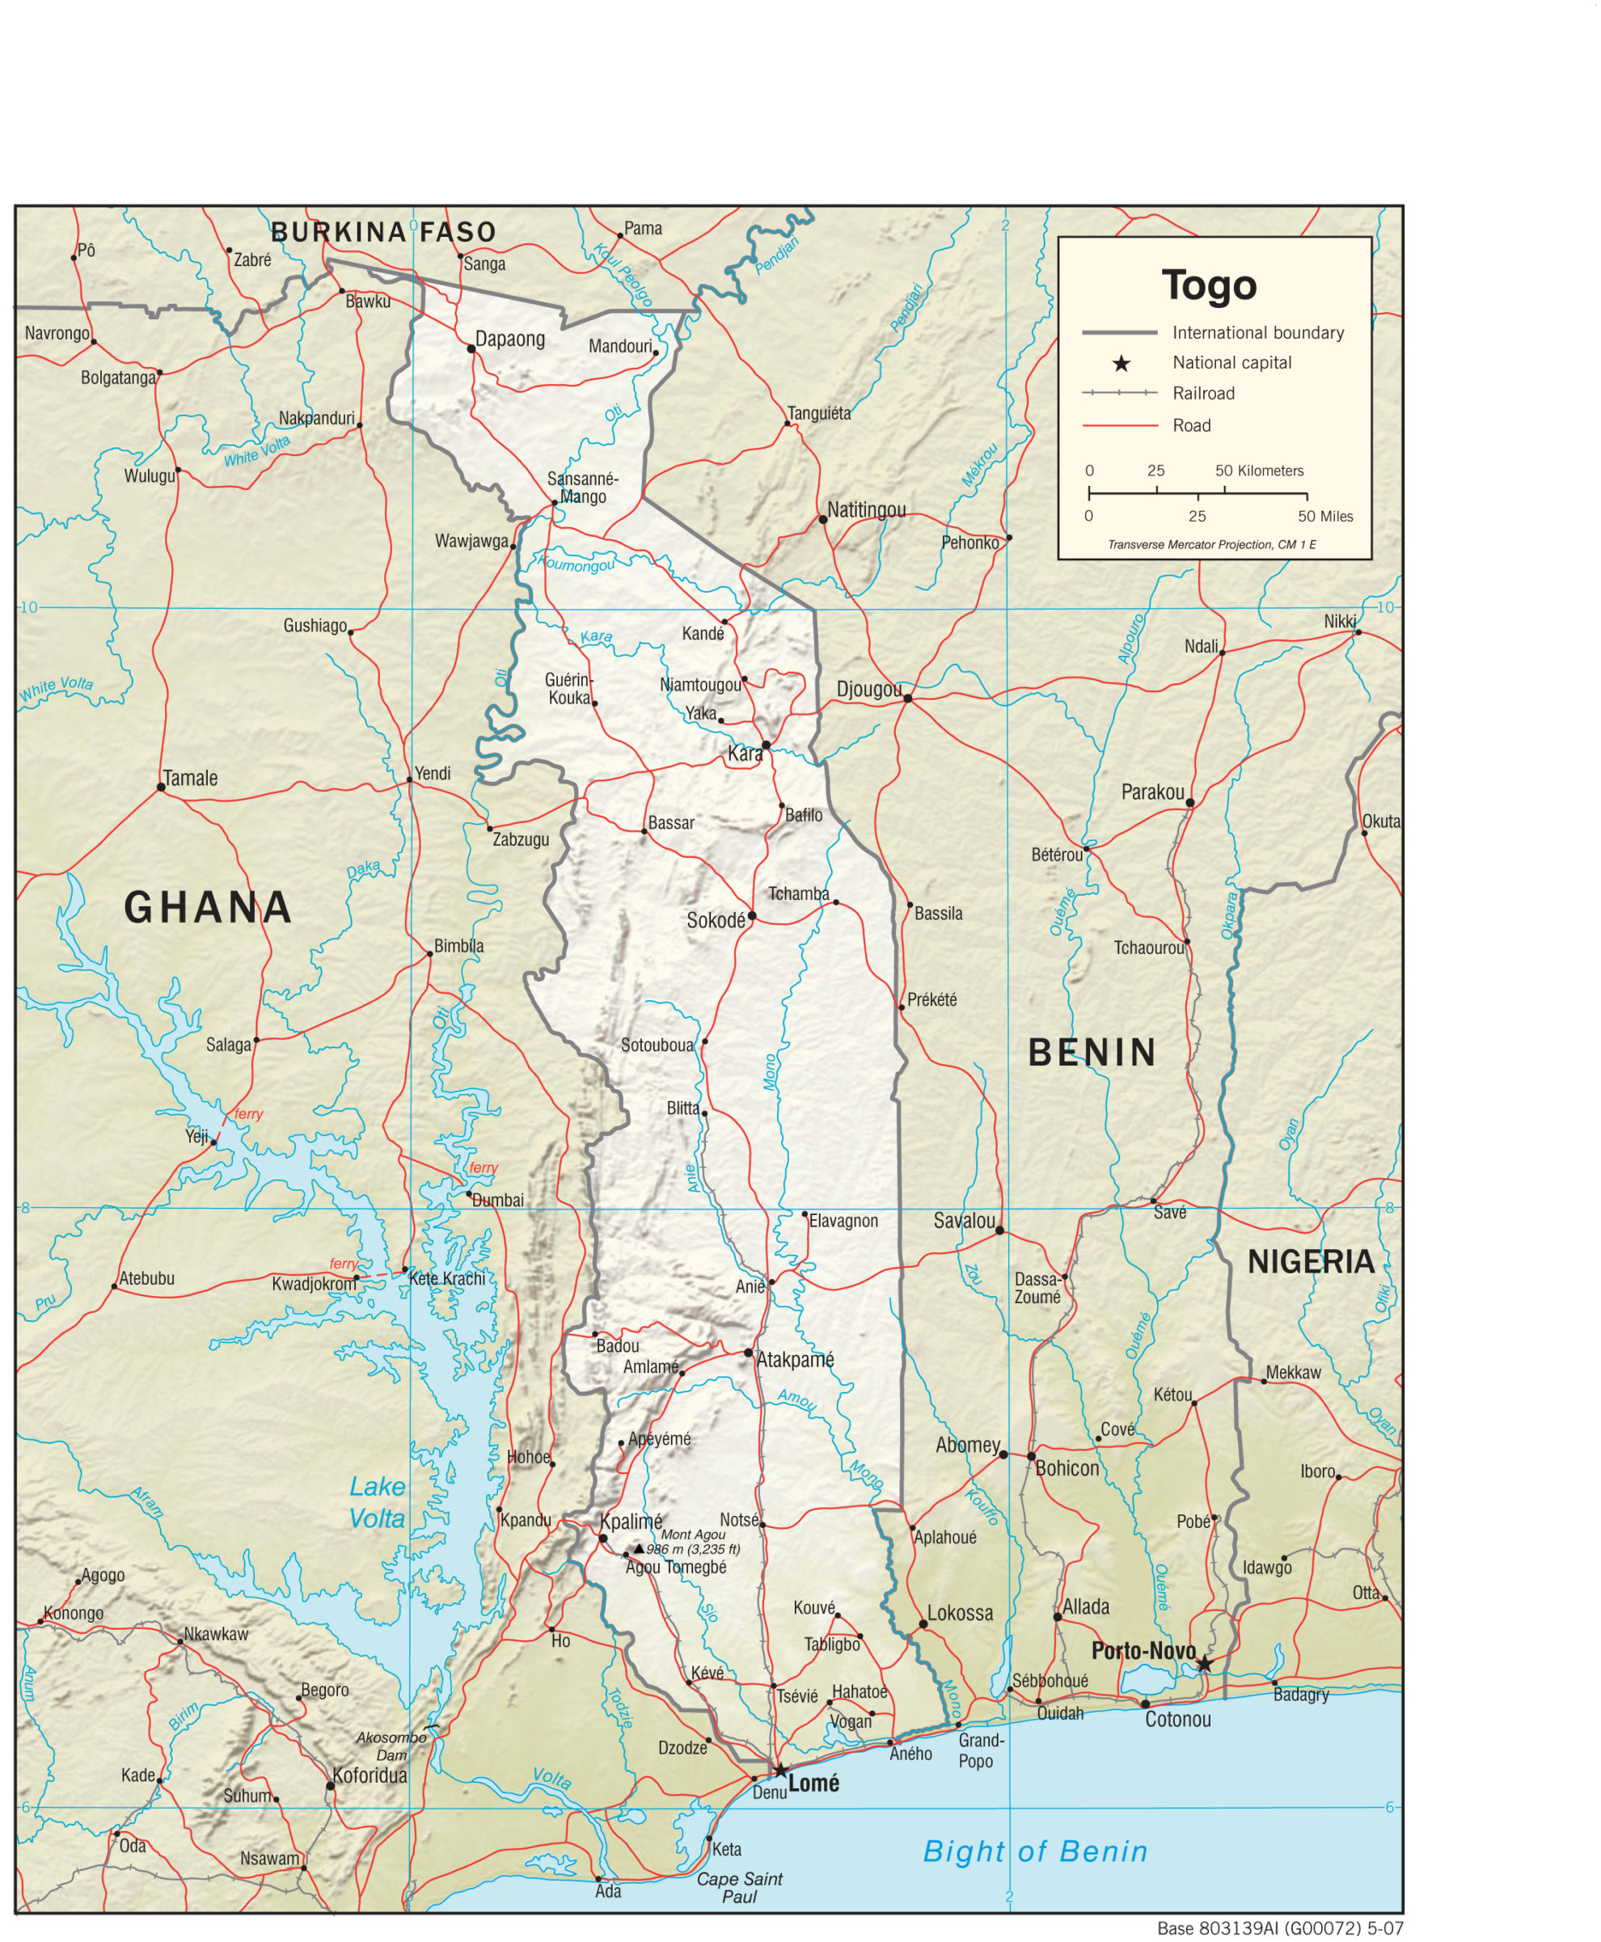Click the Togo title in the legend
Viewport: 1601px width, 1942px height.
[1209, 285]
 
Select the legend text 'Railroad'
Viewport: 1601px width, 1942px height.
[1202, 394]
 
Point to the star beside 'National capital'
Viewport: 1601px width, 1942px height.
[1121, 363]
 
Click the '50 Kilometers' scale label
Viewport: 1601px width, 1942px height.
[1259, 471]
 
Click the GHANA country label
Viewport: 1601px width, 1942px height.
[209, 908]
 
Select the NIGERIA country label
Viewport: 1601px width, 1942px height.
[1311, 1261]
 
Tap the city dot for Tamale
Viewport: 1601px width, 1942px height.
[162, 787]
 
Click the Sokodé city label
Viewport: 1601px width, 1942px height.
[716, 920]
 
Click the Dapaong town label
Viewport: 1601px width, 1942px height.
[510, 339]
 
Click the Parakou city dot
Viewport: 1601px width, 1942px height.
[1189, 802]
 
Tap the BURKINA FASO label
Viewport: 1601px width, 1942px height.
[383, 232]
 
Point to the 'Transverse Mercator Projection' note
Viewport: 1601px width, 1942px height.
[1211, 545]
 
